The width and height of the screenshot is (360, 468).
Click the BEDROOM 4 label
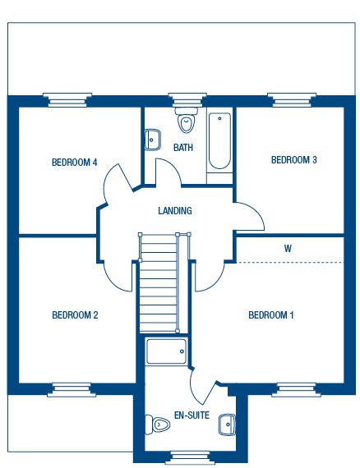75,163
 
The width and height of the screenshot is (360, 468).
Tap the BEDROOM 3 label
294,160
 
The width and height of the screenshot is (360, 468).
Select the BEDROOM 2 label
75,315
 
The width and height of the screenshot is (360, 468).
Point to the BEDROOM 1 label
271,315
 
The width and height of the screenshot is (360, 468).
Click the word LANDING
175,211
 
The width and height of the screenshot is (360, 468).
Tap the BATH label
183,148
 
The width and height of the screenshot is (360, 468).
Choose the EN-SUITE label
192,415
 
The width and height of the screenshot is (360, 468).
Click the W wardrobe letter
288,249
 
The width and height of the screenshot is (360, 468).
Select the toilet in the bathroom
187,120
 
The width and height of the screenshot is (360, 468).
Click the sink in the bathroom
153,140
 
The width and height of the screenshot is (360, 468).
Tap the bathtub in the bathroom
219,141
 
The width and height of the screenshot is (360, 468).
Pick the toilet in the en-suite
157,424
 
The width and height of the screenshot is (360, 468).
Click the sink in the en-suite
227,424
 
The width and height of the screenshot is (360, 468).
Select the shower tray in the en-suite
166,351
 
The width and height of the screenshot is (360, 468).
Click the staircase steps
159,283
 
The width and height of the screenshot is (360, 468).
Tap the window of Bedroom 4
67,99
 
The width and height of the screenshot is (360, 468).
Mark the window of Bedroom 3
292,99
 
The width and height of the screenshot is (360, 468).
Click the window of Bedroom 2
72,390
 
